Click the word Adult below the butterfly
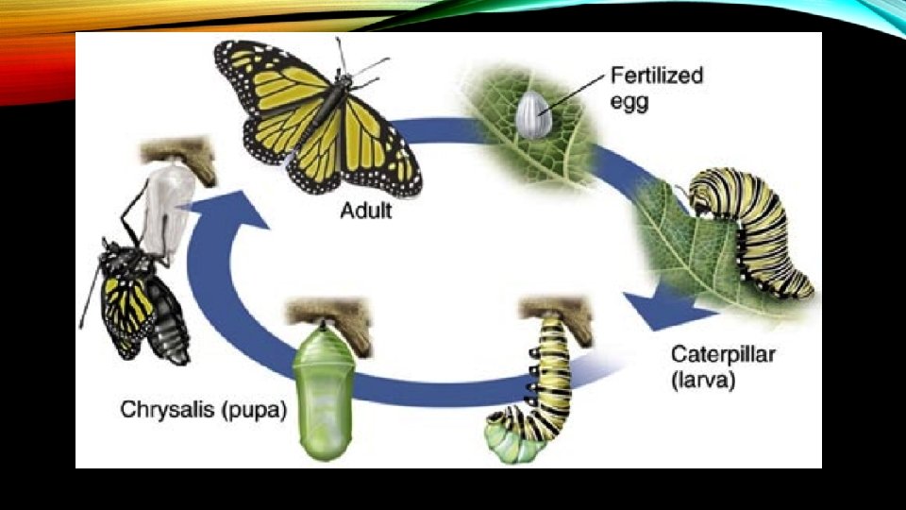(x=365, y=211)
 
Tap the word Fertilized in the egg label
(x=656, y=75)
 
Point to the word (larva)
(x=704, y=382)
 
